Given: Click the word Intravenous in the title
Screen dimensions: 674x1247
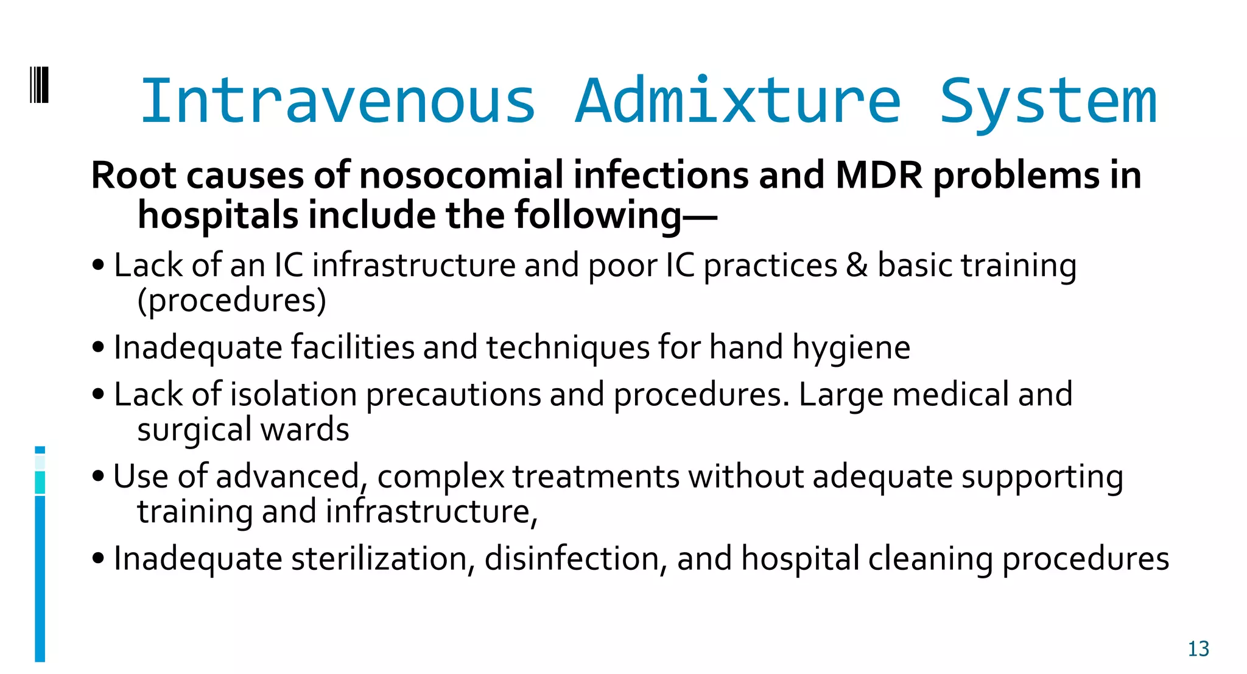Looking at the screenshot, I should coord(338,101).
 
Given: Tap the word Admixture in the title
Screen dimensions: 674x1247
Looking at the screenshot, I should coord(737,101).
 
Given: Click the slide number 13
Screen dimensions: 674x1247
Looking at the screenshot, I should coord(1198,649).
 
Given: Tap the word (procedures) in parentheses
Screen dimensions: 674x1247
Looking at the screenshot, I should coord(232,300).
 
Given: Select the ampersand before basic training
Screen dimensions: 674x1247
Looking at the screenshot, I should coord(857,266).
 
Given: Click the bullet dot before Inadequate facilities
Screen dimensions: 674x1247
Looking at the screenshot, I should coord(98,347).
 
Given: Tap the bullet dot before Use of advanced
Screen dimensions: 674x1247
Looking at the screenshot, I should coord(98,477).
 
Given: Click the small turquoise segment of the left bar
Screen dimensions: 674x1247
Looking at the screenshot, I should coord(40,482).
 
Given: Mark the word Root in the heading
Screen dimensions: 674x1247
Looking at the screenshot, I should coord(133,176).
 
